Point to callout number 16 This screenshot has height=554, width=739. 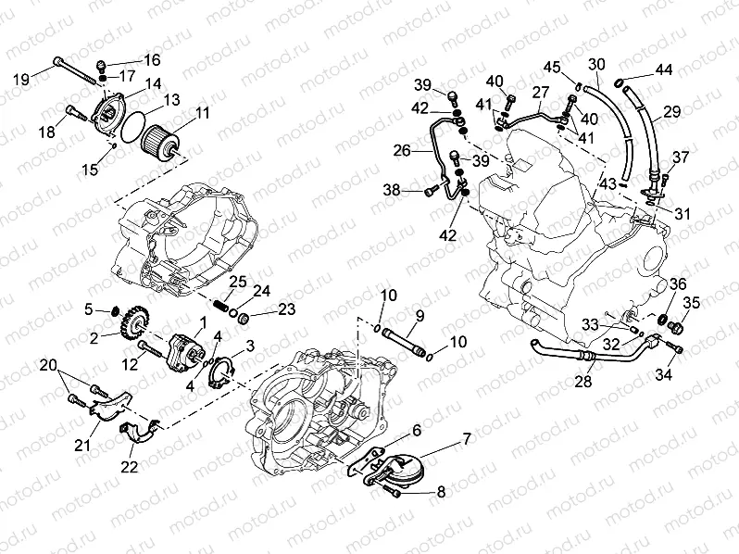(151, 59)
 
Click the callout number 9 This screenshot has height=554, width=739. (420, 317)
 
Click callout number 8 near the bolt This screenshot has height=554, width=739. (441, 492)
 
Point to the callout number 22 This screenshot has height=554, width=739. (129, 465)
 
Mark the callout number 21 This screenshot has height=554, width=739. (83, 445)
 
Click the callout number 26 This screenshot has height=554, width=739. (401, 150)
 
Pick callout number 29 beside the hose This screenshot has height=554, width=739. (671, 111)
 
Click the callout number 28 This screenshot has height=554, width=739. (582, 381)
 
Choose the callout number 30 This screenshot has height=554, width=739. (596, 64)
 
